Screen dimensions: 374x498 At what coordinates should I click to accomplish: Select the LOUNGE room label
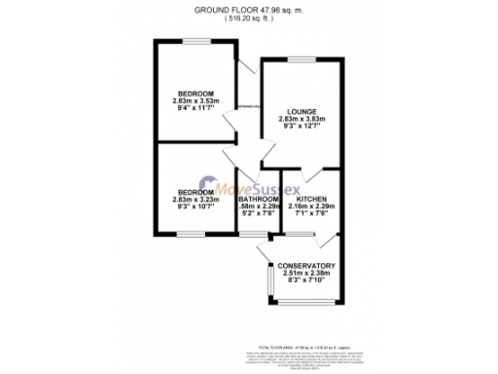(x=302, y=111)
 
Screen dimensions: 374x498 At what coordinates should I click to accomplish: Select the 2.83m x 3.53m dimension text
(x=196, y=100)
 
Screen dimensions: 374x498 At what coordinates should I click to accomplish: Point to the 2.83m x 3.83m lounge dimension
(x=302, y=119)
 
